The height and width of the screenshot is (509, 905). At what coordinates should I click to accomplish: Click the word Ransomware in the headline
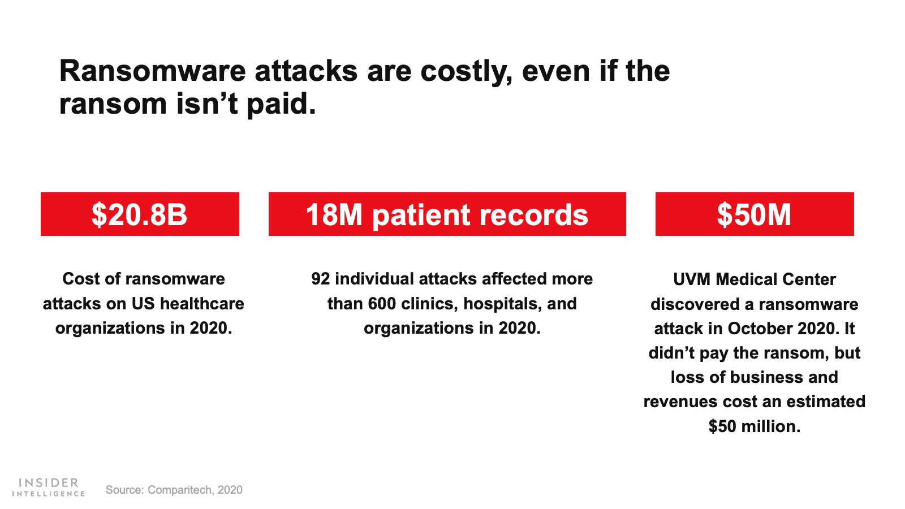(152, 71)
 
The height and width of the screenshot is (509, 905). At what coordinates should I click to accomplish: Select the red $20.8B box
(140, 214)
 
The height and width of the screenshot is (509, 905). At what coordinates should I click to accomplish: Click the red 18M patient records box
(447, 214)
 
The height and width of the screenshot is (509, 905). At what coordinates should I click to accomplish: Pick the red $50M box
(755, 214)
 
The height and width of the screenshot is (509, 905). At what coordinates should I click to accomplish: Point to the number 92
(320, 279)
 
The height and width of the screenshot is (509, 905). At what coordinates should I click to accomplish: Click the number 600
(382, 303)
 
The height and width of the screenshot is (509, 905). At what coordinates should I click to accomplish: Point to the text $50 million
(755, 426)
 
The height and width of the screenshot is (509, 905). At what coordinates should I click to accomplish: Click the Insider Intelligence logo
(49, 487)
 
